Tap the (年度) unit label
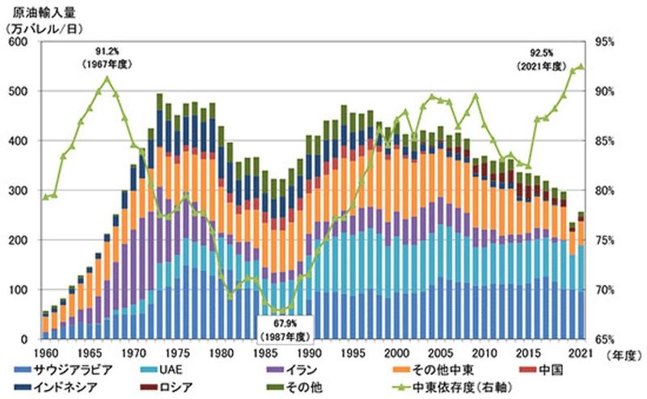pyautogui.click(x=623, y=354)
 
